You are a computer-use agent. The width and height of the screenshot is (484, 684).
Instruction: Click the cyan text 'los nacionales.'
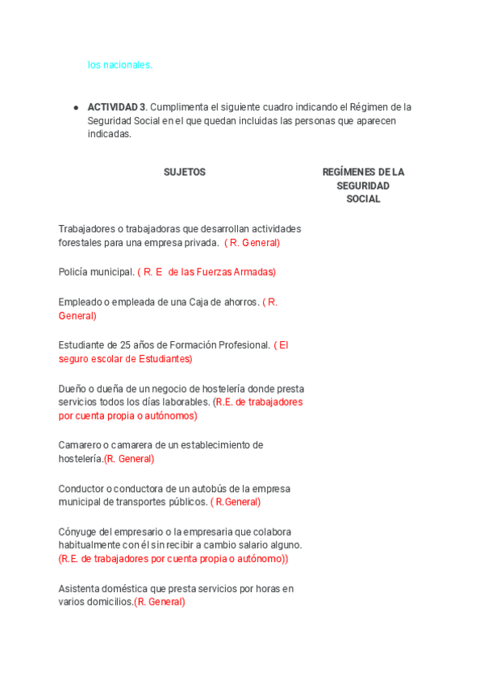[x=120, y=65]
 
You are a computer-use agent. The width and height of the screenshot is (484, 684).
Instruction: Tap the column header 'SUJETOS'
[x=185, y=172]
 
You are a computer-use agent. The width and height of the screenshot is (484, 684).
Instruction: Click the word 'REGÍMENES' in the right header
[x=346, y=172]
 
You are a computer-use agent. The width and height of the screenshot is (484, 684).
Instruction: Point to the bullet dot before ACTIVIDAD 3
[x=76, y=106]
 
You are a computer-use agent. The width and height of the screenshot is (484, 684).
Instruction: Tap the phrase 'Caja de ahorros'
[x=225, y=302]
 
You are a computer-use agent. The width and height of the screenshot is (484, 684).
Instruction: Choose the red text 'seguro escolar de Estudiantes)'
[x=125, y=358]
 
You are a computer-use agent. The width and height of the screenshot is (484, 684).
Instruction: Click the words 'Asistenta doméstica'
[x=106, y=588]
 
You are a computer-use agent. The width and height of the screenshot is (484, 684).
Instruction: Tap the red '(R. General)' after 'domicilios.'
[x=160, y=602]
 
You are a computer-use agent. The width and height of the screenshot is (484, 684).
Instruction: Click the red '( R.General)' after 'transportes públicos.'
[x=236, y=502]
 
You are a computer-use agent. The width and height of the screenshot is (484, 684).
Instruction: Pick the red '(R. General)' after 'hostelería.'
[x=129, y=459]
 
